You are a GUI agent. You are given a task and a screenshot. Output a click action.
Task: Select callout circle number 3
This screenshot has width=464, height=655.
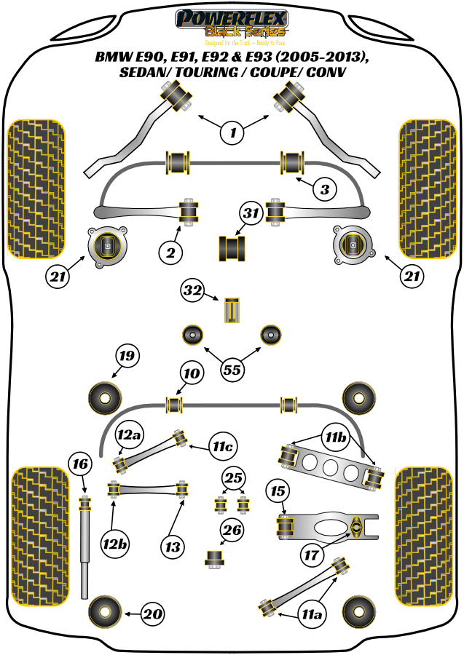[x=325, y=190]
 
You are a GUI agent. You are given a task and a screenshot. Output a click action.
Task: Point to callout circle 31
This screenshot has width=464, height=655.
[x=251, y=214]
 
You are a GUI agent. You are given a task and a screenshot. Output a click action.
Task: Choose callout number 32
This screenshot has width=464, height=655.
[x=193, y=292]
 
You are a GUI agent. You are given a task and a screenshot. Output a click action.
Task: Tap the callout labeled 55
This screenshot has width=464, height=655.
[x=232, y=370]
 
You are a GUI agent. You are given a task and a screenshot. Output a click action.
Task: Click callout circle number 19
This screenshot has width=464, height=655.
[x=127, y=357]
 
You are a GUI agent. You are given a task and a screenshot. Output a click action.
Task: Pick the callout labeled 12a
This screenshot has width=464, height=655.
[x=128, y=436]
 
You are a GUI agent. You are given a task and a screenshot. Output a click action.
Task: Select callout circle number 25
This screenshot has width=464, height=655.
[x=233, y=478]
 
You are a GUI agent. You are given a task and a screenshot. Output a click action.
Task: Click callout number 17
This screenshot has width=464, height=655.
[x=311, y=555]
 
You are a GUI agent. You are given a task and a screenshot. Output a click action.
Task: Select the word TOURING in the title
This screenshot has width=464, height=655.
[x=200, y=73]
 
